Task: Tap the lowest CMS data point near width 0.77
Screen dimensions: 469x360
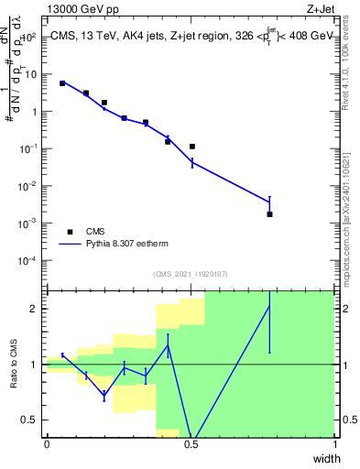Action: pos(269,214)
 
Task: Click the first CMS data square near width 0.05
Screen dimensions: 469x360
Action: pos(62,83)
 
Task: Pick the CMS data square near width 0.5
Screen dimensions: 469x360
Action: pos(192,147)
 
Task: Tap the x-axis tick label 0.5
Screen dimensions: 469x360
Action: pos(191,444)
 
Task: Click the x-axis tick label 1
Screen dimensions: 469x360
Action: pos(335,444)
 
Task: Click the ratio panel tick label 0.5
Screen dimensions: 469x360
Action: pos(31,420)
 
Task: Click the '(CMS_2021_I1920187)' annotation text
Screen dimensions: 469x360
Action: pos(191,274)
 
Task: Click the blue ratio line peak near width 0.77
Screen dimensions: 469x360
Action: pos(269,306)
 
